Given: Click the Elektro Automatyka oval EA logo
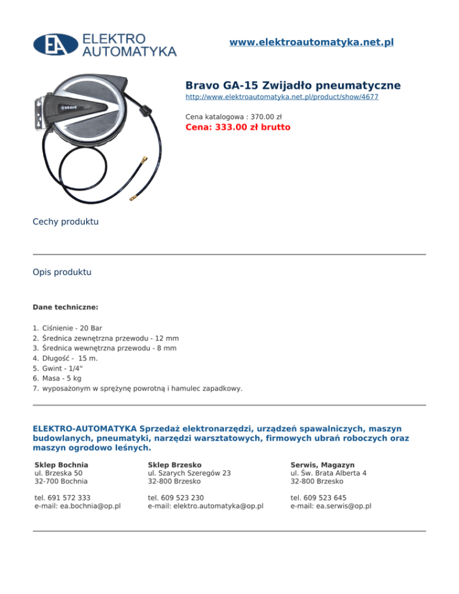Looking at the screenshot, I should (55, 44).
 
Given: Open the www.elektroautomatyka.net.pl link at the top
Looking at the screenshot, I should (311, 42).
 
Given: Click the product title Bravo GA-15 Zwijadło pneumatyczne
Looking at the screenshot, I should (293, 85).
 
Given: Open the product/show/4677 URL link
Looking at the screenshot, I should (281, 96).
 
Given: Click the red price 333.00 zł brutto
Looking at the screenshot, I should (238, 127).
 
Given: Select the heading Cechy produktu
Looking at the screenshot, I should (66, 222).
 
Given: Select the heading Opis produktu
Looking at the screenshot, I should (62, 272).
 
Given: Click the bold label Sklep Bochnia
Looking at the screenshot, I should (62, 464).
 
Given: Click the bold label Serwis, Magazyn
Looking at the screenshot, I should (323, 464).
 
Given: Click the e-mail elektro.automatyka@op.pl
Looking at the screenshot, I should (206, 506).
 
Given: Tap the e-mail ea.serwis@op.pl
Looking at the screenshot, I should (331, 506).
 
